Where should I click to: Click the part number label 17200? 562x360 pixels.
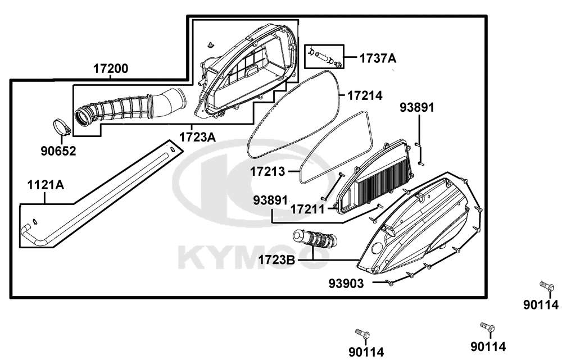(111, 69)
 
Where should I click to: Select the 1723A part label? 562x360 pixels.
(197, 137)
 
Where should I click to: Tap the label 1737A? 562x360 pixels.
(378, 58)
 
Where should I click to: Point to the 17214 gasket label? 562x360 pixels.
(365, 95)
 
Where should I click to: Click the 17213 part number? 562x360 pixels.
(268, 172)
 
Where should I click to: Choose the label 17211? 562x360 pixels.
(307, 209)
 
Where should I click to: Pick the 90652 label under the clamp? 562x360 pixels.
(58, 151)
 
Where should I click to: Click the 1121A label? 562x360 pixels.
(46, 185)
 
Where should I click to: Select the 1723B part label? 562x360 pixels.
(277, 259)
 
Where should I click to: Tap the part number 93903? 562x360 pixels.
(346, 284)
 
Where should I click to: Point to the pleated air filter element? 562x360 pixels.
(384, 176)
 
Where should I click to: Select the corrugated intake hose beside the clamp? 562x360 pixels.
(130, 107)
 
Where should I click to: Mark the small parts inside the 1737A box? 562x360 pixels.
(324, 57)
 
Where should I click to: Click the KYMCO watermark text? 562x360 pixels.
(253, 257)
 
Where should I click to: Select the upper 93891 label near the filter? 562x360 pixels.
(417, 107)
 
